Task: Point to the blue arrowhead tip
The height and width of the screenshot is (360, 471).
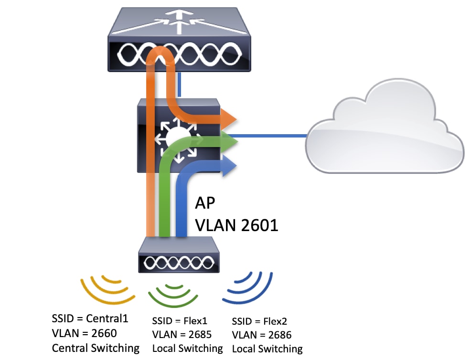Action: (235, 165)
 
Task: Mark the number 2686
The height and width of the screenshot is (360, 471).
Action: (280, 334)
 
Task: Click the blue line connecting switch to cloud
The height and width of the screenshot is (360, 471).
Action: (272, 136)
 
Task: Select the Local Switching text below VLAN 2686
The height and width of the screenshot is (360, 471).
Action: (267, 349)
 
